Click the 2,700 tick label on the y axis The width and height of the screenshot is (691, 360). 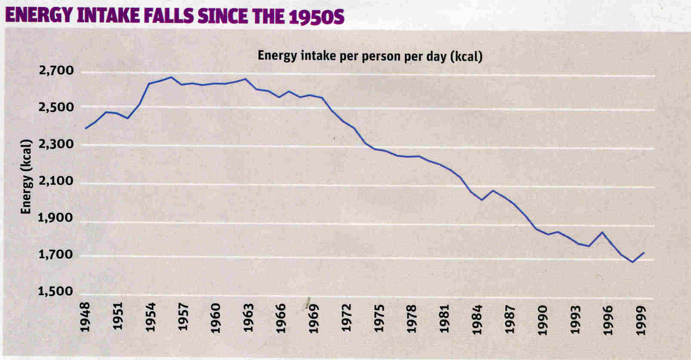point(56,71)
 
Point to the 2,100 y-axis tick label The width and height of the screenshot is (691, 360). point(56,181)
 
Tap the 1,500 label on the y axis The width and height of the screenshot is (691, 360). point(56,292)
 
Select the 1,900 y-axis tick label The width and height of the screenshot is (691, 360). point(56,218)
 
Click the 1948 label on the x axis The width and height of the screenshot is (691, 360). point(86,317)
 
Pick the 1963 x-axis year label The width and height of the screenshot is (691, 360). point(249,317)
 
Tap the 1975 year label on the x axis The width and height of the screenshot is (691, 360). point(379,317)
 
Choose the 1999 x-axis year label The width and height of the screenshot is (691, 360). point(642,317)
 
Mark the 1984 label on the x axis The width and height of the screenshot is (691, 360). point(477,317)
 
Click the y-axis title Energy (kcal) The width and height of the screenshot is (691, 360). point(27,177)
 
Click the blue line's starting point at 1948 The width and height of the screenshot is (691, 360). point(86,128)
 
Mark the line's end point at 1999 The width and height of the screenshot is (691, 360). point(644,253)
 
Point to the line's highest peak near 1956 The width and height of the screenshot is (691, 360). point(171,77)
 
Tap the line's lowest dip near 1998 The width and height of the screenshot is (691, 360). point(633,262)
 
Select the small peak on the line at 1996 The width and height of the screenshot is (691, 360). point(603,232)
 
